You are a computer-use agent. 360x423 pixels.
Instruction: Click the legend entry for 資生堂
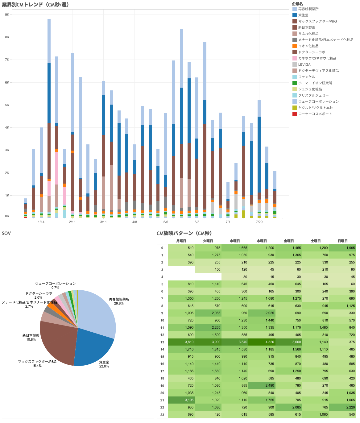[303, 15]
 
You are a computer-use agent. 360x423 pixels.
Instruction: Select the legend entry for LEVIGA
[304, 64]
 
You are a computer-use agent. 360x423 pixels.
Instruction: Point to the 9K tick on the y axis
[7, 15]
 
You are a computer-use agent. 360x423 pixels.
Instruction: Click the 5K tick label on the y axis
[7, 105]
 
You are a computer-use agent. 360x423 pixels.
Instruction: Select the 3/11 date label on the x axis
[103, 222]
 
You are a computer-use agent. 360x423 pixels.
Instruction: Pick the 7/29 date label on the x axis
[259, 222]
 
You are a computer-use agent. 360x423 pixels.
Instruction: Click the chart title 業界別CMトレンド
[35, 5]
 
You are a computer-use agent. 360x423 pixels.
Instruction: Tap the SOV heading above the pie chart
[6, 233]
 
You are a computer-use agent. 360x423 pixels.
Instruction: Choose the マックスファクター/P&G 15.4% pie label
[37, 363]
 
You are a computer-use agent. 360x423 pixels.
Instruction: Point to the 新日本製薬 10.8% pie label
[31, 337]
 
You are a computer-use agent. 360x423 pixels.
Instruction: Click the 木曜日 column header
[262, 241]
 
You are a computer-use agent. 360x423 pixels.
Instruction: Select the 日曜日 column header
[342, 241]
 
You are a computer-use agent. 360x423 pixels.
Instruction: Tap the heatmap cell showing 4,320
[262, 342]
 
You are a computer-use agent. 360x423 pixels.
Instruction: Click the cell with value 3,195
[181, 400]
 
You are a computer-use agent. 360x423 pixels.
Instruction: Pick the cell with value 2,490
[262, 385]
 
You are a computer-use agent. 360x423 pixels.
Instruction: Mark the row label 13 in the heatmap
[162, 342]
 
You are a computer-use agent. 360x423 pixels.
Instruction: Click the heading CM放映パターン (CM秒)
[184, 233]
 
